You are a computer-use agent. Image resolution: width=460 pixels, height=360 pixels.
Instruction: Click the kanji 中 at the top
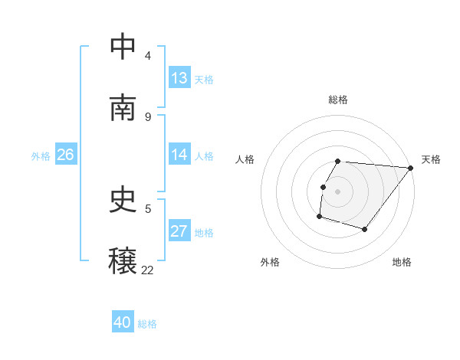[x=123, y=47]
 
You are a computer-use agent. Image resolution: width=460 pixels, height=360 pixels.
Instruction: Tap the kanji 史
[x=123, y=200]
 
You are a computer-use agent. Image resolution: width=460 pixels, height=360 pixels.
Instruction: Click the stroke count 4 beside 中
[x=147, y=55]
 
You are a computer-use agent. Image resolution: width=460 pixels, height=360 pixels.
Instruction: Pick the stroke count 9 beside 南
[x=147, y=116]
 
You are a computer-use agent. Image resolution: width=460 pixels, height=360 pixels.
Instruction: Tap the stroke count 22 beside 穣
[x=147, y=270]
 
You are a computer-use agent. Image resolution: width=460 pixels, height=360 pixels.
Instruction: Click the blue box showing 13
[x=179, y=78]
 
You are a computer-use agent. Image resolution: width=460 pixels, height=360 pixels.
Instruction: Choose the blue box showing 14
[x=179, y=155]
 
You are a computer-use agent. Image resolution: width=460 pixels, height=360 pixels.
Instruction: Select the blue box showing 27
[x=179, y=231]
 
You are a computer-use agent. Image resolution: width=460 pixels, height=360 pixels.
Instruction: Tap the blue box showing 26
[x=65, y=155]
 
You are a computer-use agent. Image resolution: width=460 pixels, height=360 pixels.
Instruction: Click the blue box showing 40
[x=123, y=323]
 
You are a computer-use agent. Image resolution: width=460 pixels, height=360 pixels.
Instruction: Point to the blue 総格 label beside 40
[x=147, y=324]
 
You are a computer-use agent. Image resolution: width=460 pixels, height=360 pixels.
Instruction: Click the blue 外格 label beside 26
[x=41, y=155]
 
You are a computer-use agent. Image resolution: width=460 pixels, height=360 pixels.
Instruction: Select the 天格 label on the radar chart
[x=431, y=159]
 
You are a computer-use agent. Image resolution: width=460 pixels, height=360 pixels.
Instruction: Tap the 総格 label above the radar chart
[x=338, y=100]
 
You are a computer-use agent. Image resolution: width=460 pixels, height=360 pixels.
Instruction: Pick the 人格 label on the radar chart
[x=245, y=159]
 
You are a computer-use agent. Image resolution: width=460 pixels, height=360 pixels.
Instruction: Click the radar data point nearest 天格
[x=410, y=169]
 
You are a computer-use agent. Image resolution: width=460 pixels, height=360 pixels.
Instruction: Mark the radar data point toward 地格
[x=365, y=229]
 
